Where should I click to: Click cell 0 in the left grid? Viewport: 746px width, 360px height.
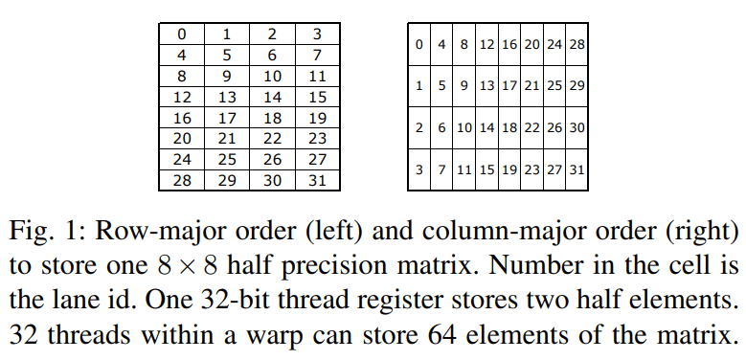tap(182, 34)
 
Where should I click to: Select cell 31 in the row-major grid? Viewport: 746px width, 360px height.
tap(317, 181)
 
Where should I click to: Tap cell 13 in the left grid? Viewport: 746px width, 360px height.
tap(227, 97)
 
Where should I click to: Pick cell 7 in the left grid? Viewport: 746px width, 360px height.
tap(317, 56)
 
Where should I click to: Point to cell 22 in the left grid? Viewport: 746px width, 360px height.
tap(272, 139)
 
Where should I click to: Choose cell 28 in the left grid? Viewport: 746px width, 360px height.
tap(182, 181)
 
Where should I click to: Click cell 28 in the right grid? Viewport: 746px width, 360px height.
tap(576, 45)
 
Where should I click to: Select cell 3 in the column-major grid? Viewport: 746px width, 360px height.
tap(419, 169)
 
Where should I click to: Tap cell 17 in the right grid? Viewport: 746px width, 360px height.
tap(509, 86)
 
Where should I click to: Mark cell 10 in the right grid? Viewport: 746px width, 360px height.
tap(464, 128)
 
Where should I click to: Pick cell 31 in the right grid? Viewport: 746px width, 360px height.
tap(576, 169)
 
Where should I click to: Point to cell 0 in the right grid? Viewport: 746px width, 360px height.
tap(419, 45)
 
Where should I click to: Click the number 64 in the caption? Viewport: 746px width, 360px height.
tap(442, 334)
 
